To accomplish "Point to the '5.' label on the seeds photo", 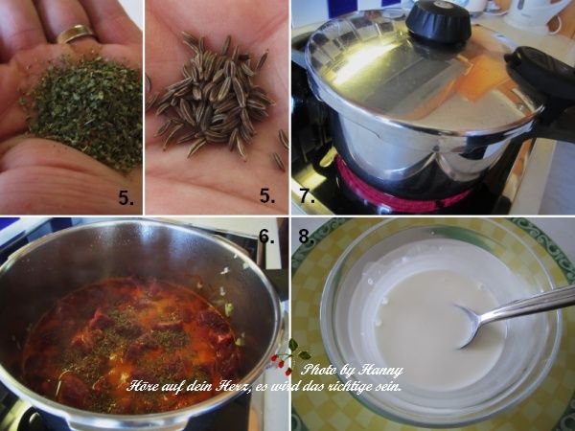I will coord(267,198).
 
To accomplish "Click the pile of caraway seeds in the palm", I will coord(216,96).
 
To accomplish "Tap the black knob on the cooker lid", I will coord(438,21).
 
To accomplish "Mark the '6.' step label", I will coord(266,236).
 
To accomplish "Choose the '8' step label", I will coord(304,236).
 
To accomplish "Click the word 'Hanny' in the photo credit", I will coord(382,370).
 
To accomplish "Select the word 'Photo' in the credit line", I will coord(320,370).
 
